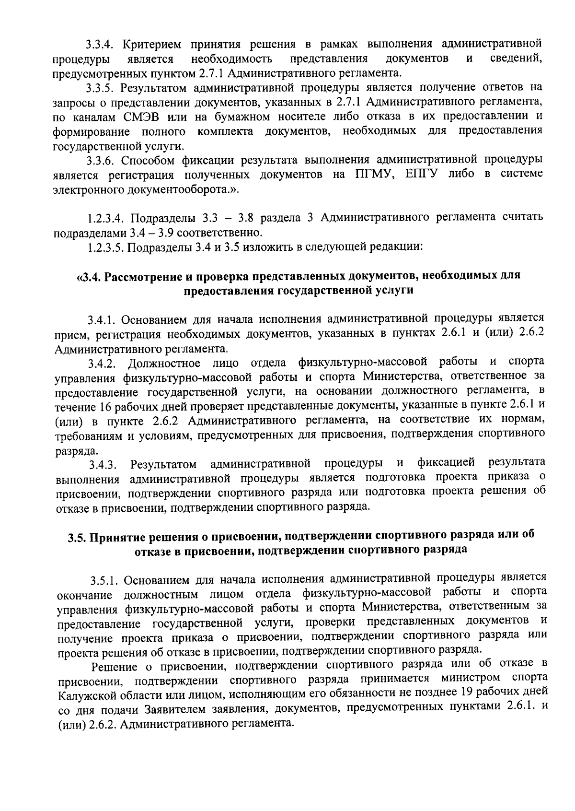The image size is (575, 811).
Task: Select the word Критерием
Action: [152, 45]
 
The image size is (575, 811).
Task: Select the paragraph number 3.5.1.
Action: [104, 580]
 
